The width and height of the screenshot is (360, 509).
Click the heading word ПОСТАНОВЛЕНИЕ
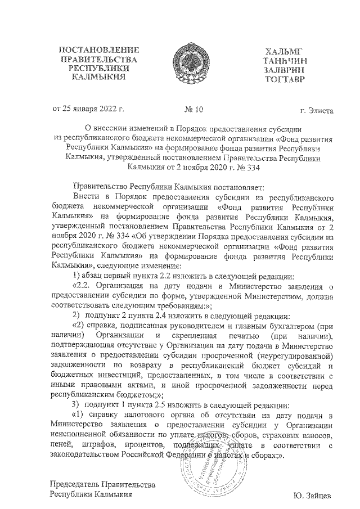100,50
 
